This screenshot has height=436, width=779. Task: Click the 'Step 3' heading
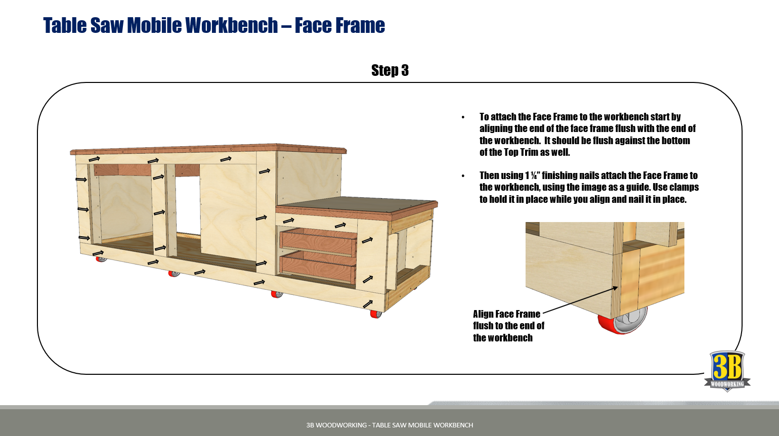pyautogui.click(x=390, y=70)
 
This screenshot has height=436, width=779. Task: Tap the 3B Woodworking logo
pyautogui.click(x=727, y=371)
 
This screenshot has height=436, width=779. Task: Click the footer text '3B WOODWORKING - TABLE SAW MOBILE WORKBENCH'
pyautogui.click(x=389, y=425)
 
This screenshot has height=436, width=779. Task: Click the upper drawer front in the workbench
pyautogui.click(x=319, y=242)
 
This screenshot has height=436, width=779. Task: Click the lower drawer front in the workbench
pyautogui.click(x=318, y=268)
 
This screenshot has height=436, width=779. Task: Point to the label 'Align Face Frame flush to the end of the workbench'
pyautogui.click(x=508, y=326)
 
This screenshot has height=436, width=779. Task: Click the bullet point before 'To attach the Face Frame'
pyautogui.click(x=463, y=117)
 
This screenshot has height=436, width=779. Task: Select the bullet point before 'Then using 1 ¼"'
pyautogui.click(x=463, y=177)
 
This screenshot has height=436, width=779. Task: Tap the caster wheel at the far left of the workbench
pyautogui.click(x=101, y=259)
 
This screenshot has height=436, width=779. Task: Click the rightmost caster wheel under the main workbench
pyautogui.click(x=376, y=314)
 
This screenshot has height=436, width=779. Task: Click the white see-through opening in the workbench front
pyautogui.click(x=188, y=205)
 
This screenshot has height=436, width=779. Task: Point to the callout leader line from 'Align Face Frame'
pyautogui.click(x=580, y=300)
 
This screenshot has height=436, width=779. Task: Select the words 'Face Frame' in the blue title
pyautogui.click(x=340, y=25)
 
